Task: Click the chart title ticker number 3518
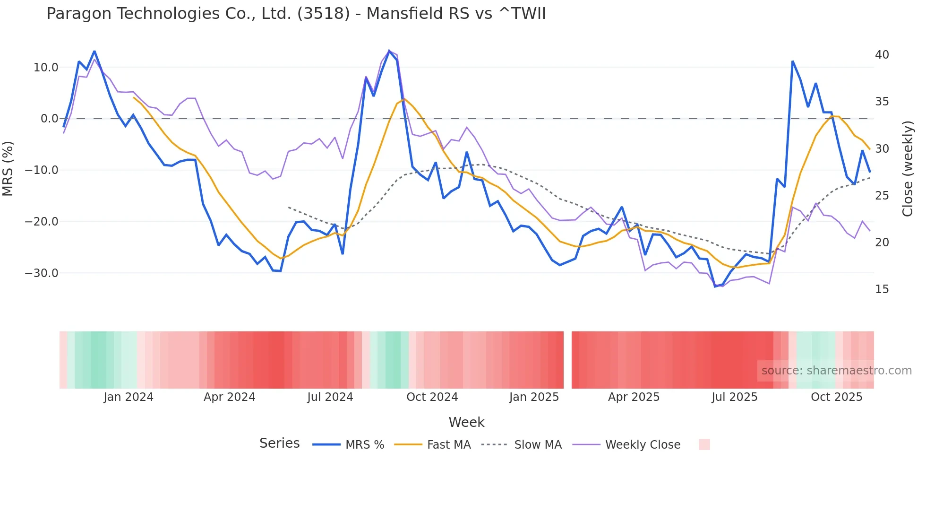coord(324,14)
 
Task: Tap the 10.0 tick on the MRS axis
coord(46,68)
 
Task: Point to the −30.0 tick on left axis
coord(42,273)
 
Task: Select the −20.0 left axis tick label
coord(42,222)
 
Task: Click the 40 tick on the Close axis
coord(882,55)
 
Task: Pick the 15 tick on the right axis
coord(882,289)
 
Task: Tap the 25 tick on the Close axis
coord(882,196)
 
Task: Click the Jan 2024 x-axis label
coord(129,397)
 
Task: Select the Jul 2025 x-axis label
coord(734,397)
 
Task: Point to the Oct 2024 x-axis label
coord(432,397)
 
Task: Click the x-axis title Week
coord(466,422)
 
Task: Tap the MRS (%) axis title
coord(8,169)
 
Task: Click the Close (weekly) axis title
coord(907,169)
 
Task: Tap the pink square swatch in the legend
coord(704,444)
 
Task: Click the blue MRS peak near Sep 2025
coord(792,61)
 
